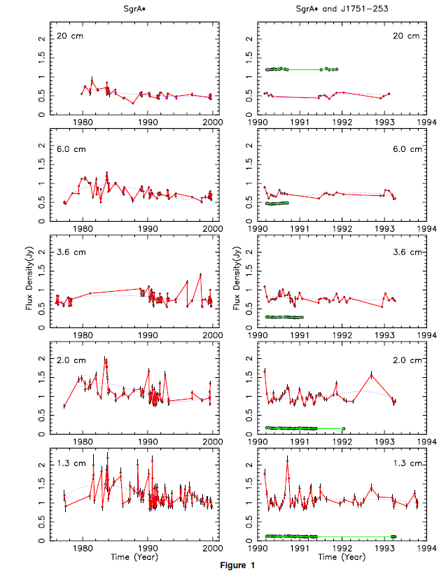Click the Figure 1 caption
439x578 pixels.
219,565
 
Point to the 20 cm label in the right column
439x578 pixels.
408,35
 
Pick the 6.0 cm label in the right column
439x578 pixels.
407,148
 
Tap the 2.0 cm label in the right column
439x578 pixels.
407,360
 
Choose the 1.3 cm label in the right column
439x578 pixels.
407,464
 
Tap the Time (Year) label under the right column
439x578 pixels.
342,557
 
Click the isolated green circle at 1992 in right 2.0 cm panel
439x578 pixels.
343,428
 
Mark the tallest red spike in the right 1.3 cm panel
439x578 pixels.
288,459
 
